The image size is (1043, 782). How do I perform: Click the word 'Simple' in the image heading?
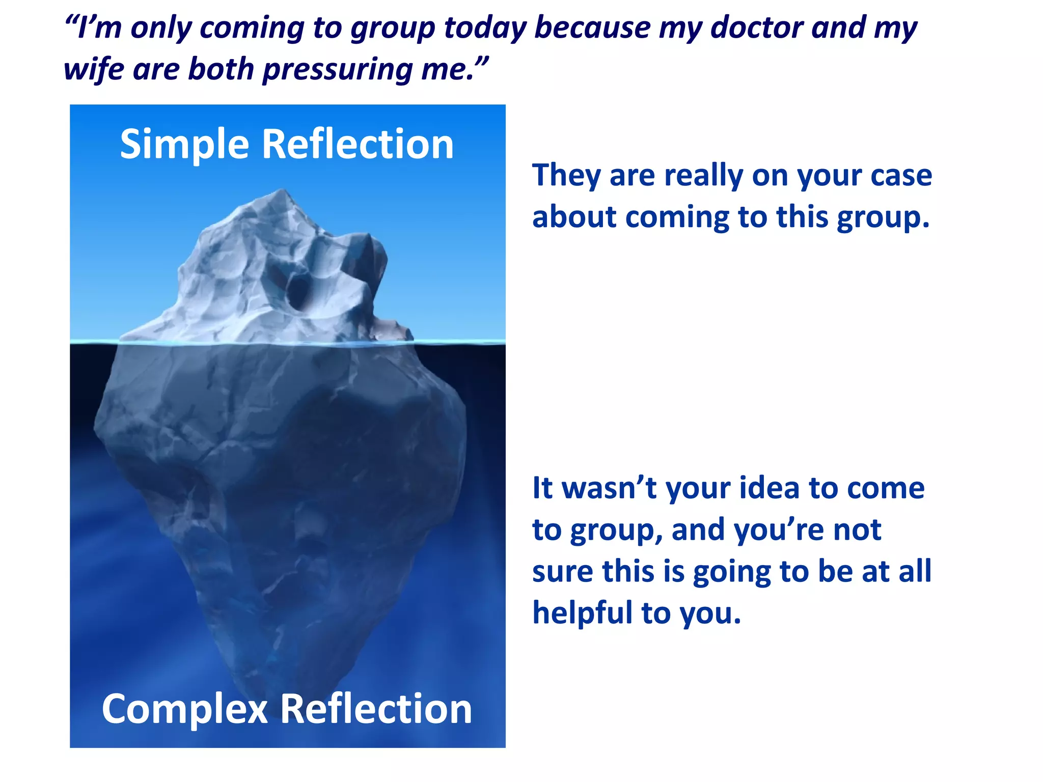click(x=184, y=145)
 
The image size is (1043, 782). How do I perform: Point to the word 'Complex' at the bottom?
click(x=184, y=709)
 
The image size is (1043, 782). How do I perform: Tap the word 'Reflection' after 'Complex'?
click(x=376, y=709)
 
